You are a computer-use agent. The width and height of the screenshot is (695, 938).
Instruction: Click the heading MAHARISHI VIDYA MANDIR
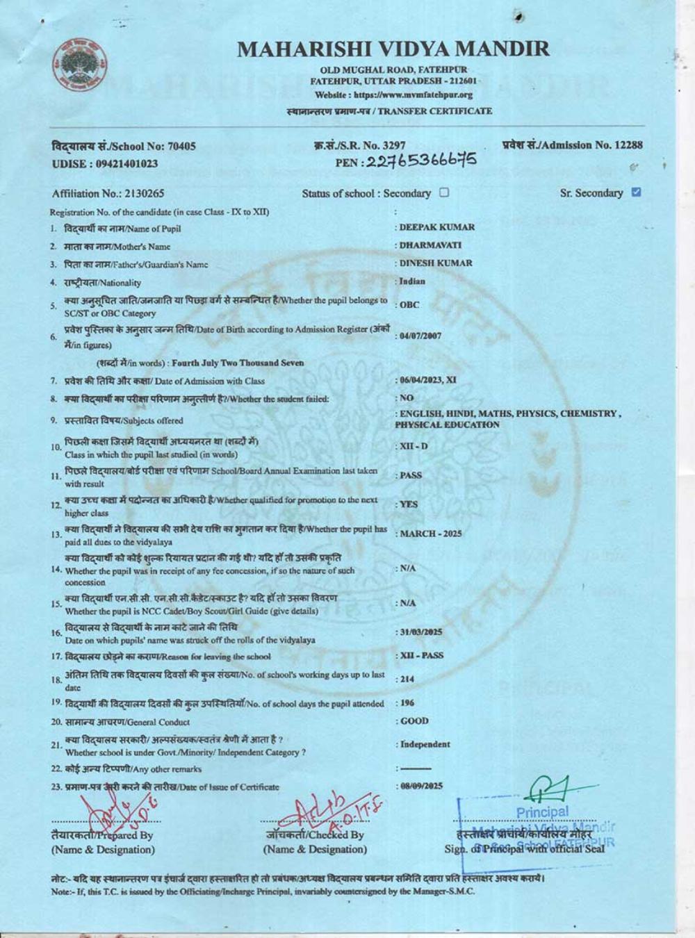[393, 49]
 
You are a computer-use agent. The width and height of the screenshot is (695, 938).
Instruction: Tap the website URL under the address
[393, 95]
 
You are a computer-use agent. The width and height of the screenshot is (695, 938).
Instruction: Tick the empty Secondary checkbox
[444, 192]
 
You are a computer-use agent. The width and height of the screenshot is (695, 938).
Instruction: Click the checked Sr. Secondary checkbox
[636, 192]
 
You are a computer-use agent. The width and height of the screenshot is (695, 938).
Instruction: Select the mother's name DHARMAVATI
[430, 245]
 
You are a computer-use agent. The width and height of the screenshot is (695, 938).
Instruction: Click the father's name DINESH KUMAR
[435, 263]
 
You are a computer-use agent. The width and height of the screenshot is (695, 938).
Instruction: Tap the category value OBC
[409, 305]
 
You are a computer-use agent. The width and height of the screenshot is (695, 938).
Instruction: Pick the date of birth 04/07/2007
[420, 336]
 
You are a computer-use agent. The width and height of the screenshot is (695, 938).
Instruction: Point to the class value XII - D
[414, 446]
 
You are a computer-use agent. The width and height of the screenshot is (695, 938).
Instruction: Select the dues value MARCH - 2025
[430, 534]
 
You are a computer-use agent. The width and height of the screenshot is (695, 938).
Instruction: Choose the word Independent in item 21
[425, 744]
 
